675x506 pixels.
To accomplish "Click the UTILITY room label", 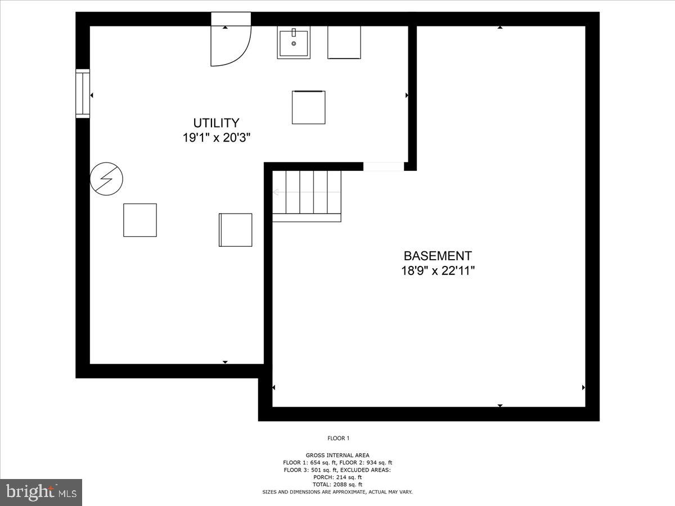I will click(216, 123).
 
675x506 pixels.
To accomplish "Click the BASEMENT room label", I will click(438, 256).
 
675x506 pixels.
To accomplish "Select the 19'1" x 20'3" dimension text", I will click(216, 138).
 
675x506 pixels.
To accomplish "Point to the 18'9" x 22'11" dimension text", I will click(438, 270).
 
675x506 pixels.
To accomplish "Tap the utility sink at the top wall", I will click(294, 44).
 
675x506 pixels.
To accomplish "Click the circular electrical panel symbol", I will click(106, 179).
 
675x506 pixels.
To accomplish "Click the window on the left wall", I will click(83, 93).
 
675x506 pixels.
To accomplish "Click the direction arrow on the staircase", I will click(277, 192).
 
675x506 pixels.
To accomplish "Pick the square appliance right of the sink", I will click(344, 42).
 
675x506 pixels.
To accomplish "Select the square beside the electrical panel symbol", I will click(140, 220).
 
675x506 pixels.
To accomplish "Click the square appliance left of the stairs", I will click(235, 229).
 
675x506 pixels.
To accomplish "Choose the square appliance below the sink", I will click(308, 107).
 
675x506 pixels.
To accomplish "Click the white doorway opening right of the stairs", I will click(384, 166).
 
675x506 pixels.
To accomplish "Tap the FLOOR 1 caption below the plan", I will click(339, 438).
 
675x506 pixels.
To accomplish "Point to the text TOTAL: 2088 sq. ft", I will click(337, 485).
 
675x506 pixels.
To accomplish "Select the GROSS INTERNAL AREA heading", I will click(337, 455).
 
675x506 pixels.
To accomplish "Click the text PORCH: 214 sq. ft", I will click(337, 477).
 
